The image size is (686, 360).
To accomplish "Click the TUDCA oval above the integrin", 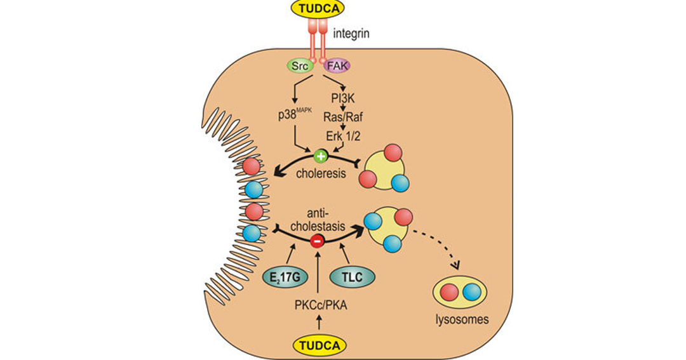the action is pos(318,8).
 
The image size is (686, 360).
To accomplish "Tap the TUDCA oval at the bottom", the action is pos(319,345).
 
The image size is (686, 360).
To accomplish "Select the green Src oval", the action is pos(300,66).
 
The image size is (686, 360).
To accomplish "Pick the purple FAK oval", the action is pos(337,66).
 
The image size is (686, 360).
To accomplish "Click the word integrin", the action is pos(351,33).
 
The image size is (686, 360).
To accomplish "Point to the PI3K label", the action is pos(343,98).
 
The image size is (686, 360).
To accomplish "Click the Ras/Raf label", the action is pos(343,117).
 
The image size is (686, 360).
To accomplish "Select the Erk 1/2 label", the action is pos(343,136).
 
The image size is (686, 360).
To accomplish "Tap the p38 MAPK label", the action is pos(295,116).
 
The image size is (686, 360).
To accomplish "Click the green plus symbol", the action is pos(321,156).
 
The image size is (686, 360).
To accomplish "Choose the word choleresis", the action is pos(321,174).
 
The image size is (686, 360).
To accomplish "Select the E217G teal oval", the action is pos(285,277).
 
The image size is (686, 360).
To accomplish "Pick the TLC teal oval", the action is pos(352,277).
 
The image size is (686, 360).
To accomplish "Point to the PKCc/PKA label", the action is pos(321,305).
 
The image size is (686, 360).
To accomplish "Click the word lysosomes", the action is pos(462,319).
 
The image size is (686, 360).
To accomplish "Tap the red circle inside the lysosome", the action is pos(449,292).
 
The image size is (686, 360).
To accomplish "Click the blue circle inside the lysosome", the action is pos(471,292).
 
